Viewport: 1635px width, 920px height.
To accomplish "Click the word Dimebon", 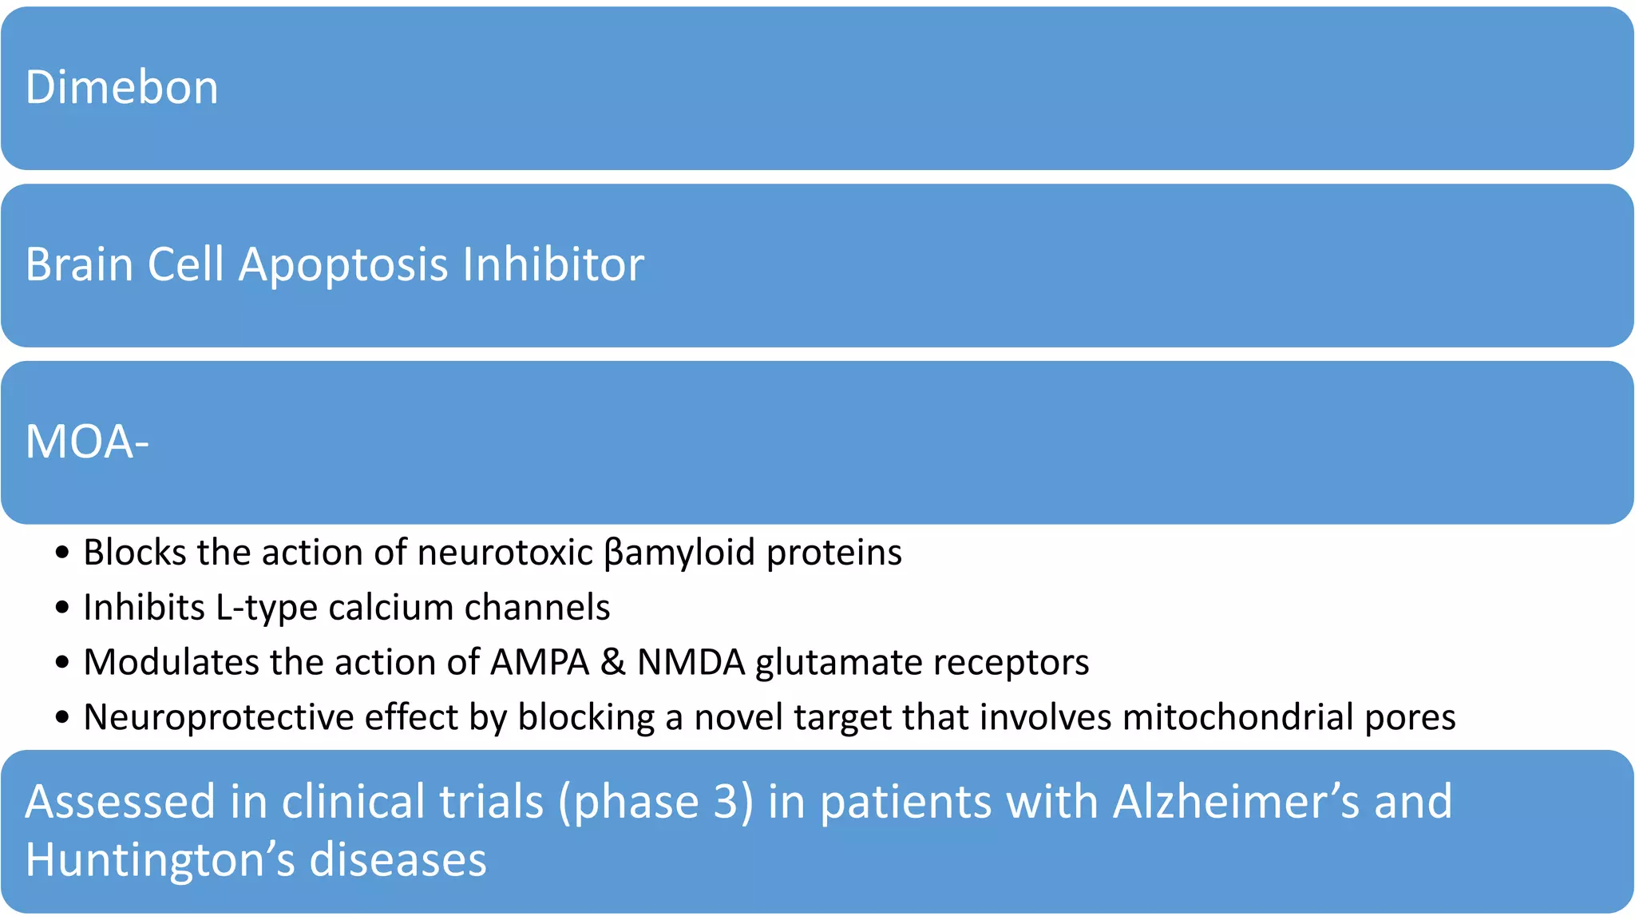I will pos(121,87).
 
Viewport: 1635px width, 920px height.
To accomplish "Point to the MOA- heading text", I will pos(87,442).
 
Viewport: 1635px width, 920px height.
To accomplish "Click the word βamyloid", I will pos(679,553).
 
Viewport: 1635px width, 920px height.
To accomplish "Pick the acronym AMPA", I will pos(540,662).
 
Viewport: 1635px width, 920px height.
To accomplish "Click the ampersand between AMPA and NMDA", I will pos(612,662).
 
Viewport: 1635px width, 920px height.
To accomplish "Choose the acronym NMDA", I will pos(691,662).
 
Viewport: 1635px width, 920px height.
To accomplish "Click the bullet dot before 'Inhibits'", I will pos(62,608).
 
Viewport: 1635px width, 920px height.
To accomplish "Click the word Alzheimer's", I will pos(1236,801).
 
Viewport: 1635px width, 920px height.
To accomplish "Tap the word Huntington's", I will pos(161,860).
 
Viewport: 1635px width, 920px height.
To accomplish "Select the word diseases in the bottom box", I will pos(398,860).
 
